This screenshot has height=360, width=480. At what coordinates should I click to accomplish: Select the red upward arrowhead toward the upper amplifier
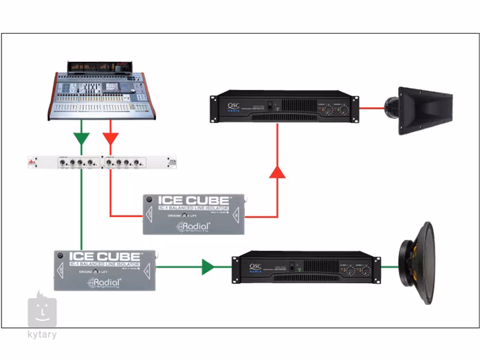pos(277,171)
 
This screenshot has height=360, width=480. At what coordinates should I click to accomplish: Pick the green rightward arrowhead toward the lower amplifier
pos(208,267)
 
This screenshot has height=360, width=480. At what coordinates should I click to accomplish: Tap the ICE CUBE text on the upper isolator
pos(193,201)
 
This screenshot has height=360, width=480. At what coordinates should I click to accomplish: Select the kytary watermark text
pos(43,335)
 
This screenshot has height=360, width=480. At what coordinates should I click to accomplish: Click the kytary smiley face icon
pos(42,311)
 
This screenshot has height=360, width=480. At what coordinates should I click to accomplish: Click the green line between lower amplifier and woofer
pos(391,267)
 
